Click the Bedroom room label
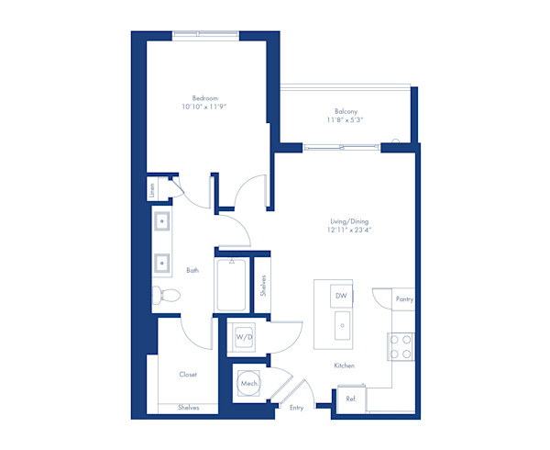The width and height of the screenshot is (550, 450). [x=204, y=98]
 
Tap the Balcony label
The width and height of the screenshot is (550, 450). [x=346, y=111]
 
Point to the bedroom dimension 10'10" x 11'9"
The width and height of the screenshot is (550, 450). [x=204, y=107]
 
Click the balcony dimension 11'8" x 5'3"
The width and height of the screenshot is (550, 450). [x=346, y=120]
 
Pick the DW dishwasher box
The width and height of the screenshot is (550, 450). [x=340, y=296]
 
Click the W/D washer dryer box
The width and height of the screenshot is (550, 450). [x=244, y=337]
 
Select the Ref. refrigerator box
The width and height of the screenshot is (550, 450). [x=350, y=399]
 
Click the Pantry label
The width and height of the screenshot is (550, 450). [x=403, y=299]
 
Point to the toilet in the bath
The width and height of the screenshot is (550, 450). [x=167, y=296]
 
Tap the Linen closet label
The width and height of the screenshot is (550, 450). [x=151, y=190]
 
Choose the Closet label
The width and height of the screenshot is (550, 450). [x=188, y=374]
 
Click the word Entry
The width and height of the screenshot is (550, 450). [x=296, y=407]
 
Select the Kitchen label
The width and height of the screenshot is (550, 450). [x=344, y=366]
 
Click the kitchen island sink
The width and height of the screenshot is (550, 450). [x=341, y=324]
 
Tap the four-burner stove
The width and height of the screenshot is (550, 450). [x=401, y=346]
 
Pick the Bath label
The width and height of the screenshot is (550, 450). [x=192, y=271]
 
